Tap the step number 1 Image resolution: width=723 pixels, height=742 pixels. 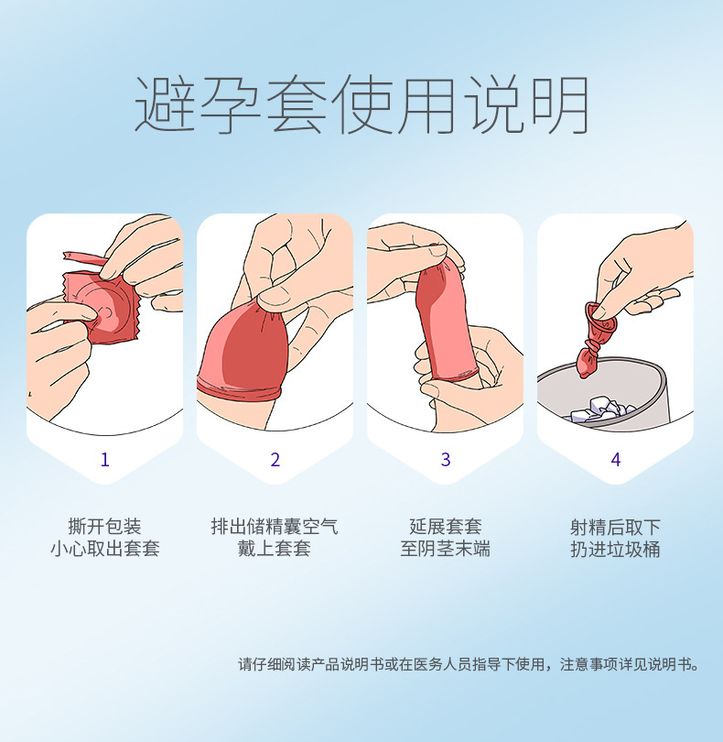104,460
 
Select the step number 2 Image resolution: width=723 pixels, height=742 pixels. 275,460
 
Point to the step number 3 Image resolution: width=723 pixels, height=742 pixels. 446,460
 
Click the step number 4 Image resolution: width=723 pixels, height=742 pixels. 615,460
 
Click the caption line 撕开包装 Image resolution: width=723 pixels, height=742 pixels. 104,527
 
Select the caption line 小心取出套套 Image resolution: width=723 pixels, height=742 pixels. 104,550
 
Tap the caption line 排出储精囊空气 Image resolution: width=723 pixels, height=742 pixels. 275,527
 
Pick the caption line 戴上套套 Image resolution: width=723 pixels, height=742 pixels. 275,550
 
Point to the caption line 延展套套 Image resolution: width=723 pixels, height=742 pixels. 446,527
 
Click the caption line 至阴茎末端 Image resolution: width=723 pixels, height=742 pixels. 446,550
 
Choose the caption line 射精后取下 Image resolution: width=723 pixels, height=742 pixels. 615,527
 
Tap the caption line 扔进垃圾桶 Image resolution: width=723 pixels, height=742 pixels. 615,550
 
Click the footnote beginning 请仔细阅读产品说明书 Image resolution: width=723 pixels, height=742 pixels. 468,664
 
